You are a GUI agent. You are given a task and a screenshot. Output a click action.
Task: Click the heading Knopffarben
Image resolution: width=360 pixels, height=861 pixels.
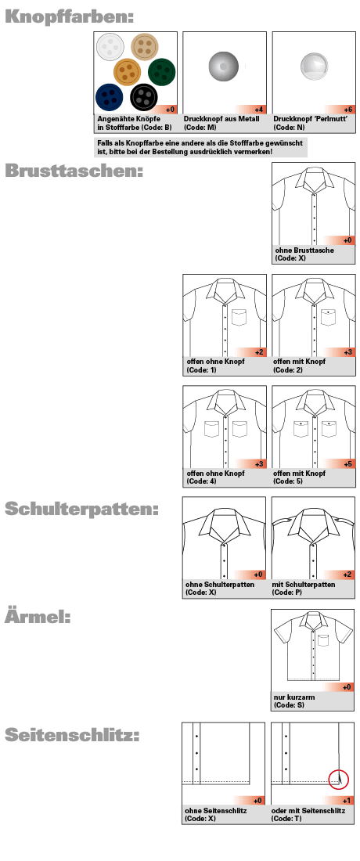(x=69, y=16)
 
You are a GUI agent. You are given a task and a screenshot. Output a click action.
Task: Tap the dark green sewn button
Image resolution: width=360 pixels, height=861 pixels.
(x=161, y=72)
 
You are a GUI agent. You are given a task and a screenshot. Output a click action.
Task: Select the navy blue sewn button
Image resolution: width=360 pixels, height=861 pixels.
(x=110, y=96)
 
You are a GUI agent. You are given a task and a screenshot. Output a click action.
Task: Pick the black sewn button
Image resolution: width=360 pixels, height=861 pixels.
(x=144, y=98)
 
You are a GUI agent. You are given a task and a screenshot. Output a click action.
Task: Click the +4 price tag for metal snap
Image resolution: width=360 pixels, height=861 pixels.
(x=259, y=109)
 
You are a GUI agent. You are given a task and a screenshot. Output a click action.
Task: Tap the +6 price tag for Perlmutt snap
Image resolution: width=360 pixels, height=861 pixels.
(x=348, y=109)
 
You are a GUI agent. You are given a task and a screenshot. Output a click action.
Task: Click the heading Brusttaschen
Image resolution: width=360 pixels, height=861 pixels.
(x=74, y=170)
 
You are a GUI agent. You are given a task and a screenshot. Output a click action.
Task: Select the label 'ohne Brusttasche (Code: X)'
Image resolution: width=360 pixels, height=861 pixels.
(x=305, y=254)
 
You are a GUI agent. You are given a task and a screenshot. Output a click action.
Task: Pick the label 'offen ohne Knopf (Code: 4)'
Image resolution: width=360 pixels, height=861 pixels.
(x=215, y=478)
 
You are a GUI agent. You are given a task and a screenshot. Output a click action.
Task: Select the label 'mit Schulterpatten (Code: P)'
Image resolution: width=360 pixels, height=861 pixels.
(x=305, y=589)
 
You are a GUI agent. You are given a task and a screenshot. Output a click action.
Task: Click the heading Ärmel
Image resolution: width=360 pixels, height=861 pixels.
(x=38, y=617)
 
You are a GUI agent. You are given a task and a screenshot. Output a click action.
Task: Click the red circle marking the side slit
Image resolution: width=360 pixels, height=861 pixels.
(x=337, y=779)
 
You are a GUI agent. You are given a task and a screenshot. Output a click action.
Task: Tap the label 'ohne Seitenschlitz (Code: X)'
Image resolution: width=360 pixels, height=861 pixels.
(x=216, y=814)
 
